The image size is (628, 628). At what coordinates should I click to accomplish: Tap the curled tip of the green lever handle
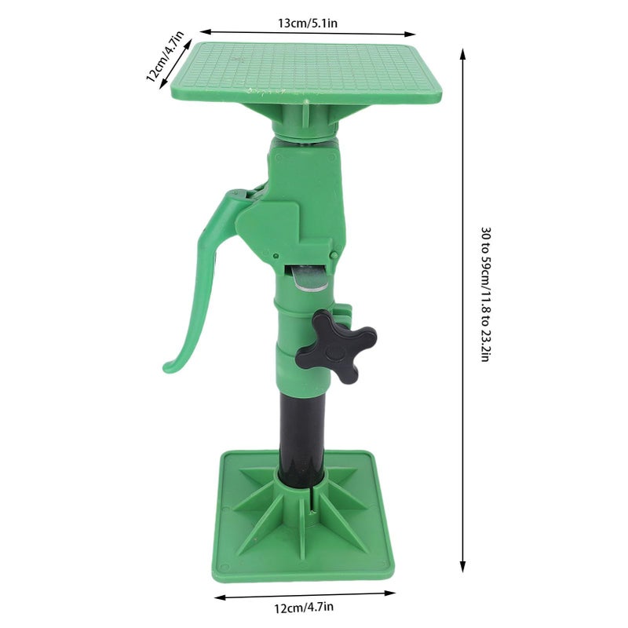[x=168, y=366]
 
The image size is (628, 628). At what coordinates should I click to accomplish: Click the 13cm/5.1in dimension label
[x=308, y=24]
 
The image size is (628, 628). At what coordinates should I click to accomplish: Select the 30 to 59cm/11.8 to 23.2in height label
[x=485, y=294]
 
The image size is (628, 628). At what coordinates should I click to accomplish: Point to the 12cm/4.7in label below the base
[x=304, y=608]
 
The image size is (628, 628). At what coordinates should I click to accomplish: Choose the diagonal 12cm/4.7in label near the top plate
[x=165, y=57]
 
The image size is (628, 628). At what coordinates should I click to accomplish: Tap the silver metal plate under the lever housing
[x=309, y=278]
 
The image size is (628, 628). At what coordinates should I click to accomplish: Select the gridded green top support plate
[x=306, y=72]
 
